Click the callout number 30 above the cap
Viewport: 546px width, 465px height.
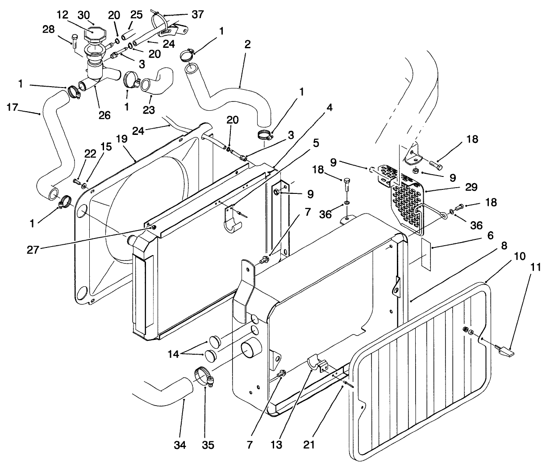[x=83, y=14]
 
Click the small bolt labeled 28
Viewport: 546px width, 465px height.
[x=75, y=40]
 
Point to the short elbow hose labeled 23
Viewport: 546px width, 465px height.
[x=156, y=80]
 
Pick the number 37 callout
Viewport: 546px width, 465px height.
[x=197, y=14]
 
